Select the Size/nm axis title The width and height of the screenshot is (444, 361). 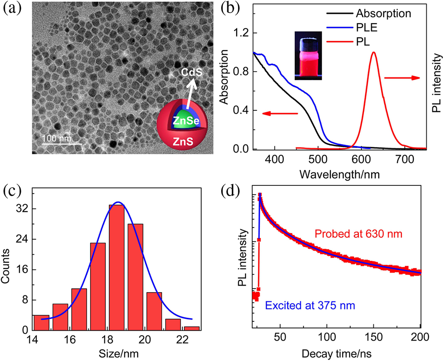pos(117,353)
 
